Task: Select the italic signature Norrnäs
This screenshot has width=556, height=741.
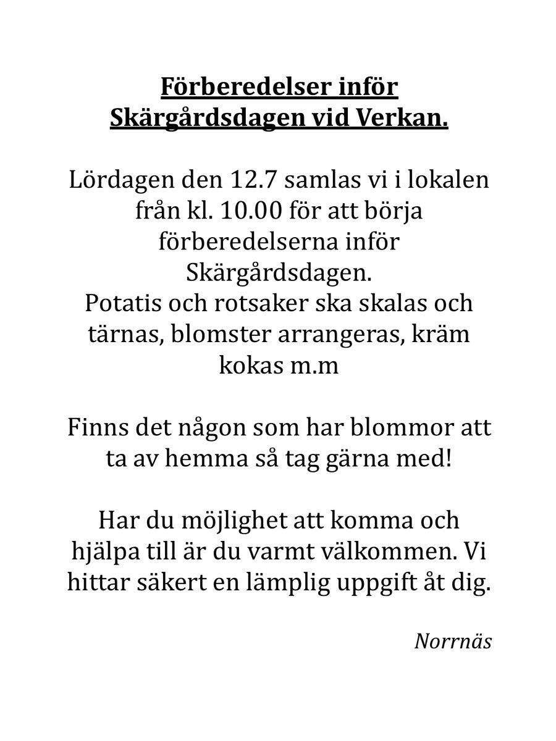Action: [453, 641]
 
